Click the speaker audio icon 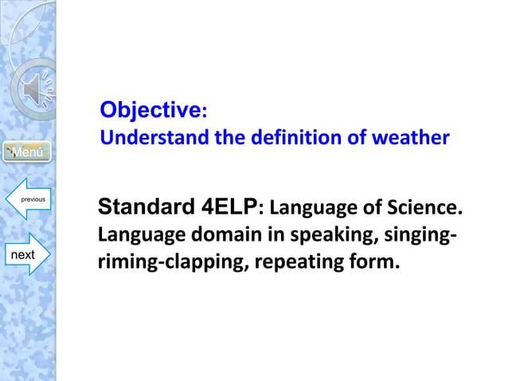[x=36, y=94]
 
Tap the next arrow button [x=26, y=253]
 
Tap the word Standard [x=145, y=209]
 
